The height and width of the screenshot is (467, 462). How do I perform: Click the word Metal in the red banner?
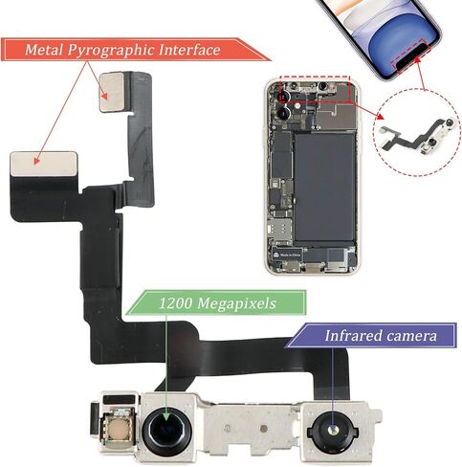tap(44, 50)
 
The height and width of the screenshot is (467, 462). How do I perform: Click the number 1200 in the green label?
tap(175, 303)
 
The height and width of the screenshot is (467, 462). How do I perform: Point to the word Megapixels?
tap(236, 303)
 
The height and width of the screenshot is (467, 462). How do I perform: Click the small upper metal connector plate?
tap(112, 92)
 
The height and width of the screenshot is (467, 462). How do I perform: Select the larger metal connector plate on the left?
tap(44, 164)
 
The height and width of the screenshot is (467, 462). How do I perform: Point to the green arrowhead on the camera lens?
tap(166, 417)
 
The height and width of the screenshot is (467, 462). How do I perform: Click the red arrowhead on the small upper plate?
tap(103, 96)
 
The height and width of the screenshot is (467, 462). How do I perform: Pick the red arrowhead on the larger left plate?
tap(37, 161)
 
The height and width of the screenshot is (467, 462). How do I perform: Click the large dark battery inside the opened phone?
tap(324, 187)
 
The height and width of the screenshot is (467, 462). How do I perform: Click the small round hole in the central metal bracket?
tap(263, 429)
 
